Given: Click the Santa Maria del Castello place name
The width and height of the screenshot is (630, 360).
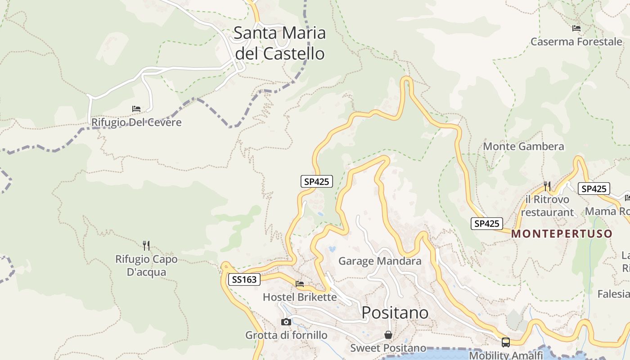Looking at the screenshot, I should click(x=280, y=43).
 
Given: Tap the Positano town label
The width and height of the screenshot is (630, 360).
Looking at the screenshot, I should click(x=395, y=312).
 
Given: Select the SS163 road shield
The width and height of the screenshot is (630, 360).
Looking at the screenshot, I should click(x=244, y=279).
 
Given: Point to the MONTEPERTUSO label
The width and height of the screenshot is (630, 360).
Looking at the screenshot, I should click(x=562, y=234).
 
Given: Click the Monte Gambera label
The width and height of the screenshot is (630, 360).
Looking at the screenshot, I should click(x=523, y=146).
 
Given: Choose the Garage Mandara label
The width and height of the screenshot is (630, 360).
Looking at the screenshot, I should click(x=380, y=261).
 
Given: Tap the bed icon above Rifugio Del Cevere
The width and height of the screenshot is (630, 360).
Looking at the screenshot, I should click(x=136, y=109).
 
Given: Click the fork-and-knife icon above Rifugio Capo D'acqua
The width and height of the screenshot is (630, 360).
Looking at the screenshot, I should click(x=146, y=245).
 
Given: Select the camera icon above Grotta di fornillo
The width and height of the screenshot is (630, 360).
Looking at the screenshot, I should click(x=286, y=322).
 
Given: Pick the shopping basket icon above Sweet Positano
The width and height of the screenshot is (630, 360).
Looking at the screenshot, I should click(x=388, y=335).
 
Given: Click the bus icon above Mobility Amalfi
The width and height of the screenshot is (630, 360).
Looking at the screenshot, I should click(x=506, y=342).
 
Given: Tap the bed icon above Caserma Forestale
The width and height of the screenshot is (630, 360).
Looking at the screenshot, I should click(x=576, y=28).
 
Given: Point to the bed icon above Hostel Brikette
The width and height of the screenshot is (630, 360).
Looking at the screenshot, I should click(x=300, y=284).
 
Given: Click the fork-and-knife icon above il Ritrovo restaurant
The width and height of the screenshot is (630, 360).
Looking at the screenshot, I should click(x=547, y=185).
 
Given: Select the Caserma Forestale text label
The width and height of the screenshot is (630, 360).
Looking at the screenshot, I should click(x=576, y=42).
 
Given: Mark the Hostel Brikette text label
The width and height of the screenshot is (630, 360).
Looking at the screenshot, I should click(x=300, y=297).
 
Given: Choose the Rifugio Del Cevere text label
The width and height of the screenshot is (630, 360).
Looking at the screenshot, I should click(x=136, y=122).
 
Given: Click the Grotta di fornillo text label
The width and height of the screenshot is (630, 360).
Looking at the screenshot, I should click(x=286, y=335).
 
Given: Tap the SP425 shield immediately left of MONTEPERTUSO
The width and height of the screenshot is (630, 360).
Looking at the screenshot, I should click(x=486, y=223).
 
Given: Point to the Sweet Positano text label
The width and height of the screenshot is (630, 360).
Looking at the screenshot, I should click(x=388, y=348).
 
